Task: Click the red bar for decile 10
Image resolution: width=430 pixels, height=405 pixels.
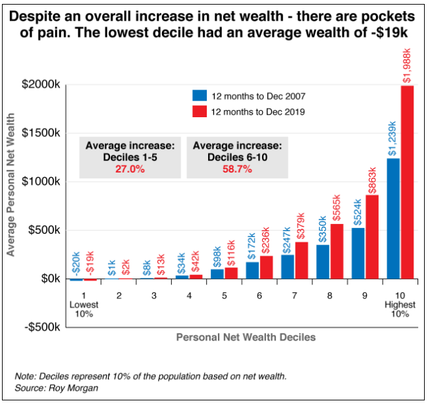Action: pos(408,182)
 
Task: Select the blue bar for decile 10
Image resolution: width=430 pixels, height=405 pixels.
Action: pos(393,219)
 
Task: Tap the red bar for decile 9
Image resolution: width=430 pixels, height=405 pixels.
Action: pos(372,237)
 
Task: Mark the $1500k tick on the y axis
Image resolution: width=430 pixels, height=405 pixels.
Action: pos(42,133)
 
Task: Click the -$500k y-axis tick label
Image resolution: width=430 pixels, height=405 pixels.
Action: pos(40,327)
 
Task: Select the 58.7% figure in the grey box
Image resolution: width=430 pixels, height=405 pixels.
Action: pos(236,169)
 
